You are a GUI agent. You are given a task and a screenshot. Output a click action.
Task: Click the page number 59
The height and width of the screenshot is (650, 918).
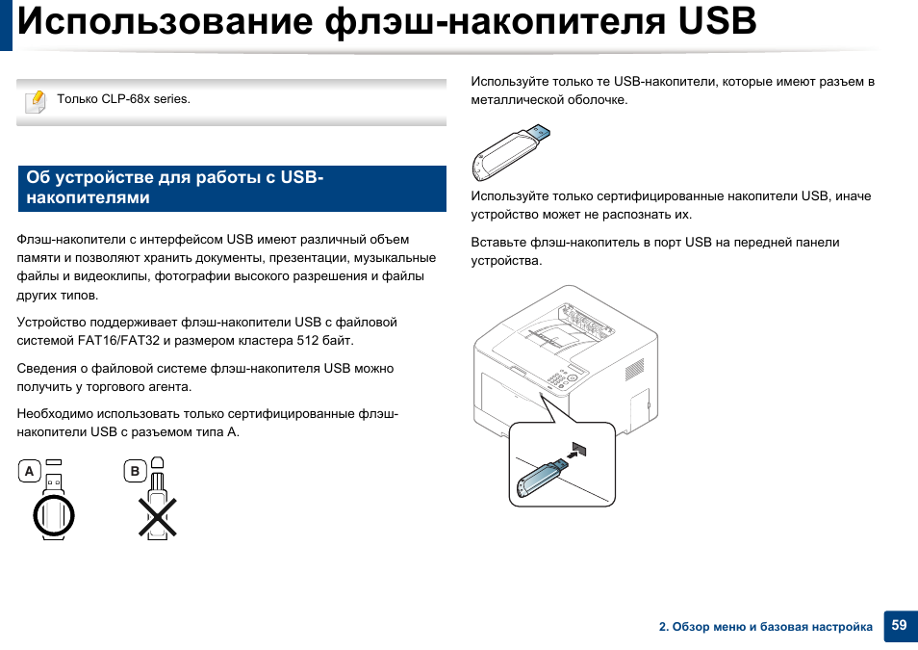coord(899,625)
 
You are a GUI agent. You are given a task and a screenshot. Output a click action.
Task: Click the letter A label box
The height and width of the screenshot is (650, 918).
coord(30,472)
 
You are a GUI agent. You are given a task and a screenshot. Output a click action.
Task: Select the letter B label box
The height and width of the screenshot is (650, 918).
coord(136,472)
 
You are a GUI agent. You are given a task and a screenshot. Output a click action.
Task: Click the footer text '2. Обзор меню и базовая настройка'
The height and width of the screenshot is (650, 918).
coord(765,627)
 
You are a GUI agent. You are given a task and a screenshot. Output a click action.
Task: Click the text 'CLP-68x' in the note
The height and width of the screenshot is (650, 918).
coord(124,99)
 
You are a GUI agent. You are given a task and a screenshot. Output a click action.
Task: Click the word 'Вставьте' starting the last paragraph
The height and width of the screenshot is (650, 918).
coord(496,242)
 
